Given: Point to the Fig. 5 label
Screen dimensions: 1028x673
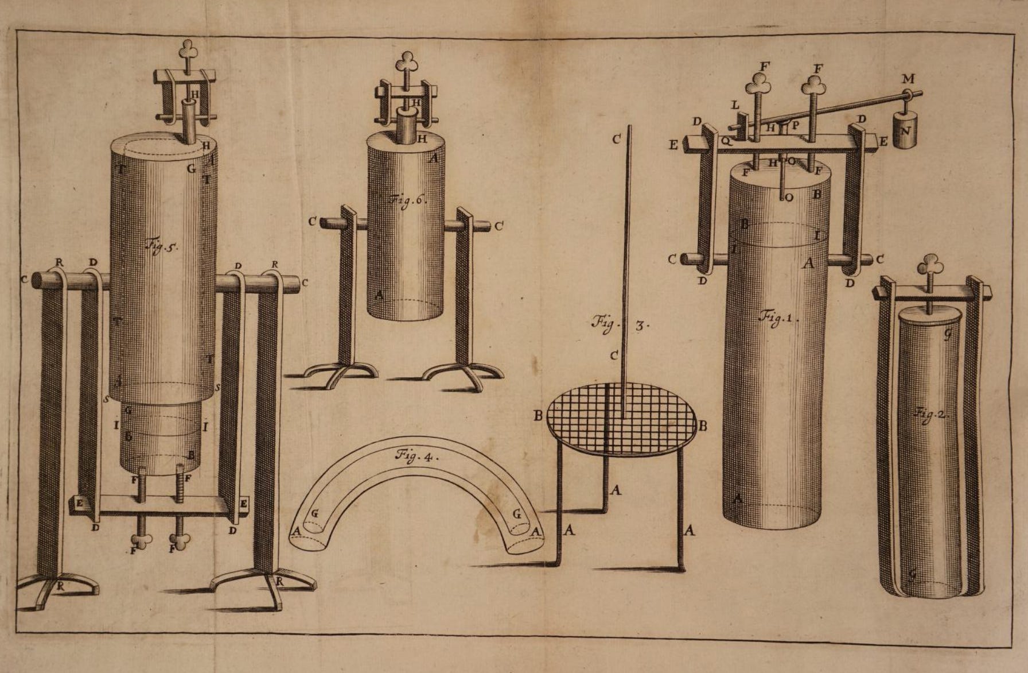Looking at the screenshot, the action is pos(163,247).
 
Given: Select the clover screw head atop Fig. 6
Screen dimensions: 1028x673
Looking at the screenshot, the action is pos(407,60).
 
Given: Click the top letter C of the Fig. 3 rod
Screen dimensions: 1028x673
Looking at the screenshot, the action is pos(617,139).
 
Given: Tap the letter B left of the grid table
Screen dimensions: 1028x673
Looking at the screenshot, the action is pos(538,415).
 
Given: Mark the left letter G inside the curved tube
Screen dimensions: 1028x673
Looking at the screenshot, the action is pos(314,513).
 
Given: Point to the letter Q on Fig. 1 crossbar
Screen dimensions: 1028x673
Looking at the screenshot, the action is pos(726,140).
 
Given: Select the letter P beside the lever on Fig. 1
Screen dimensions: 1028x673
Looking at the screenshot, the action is pos(796,125).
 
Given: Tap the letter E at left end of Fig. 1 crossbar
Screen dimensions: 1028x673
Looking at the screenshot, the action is pos(673,145).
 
